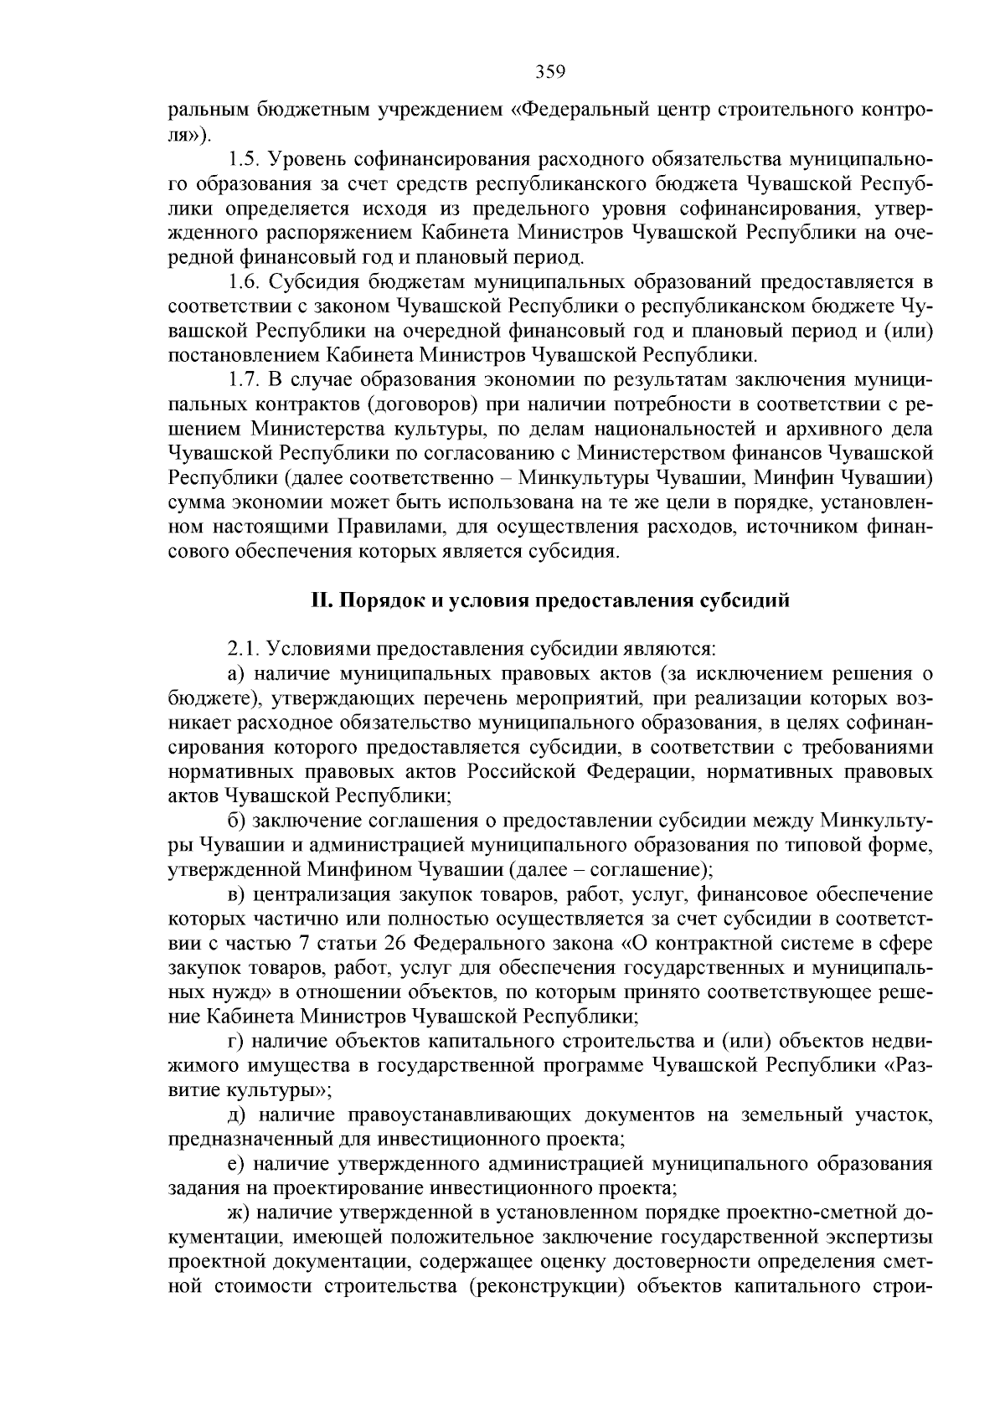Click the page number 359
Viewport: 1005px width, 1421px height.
pyautogui.click(x=550, y=72)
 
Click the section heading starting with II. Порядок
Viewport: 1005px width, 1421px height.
pyautogui.click(x=549, y=600)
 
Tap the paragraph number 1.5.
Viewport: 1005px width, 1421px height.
pyautogui.click(x=243, y=159)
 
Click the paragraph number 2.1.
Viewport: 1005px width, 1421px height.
pyautogui.click(x=243, y=649)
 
